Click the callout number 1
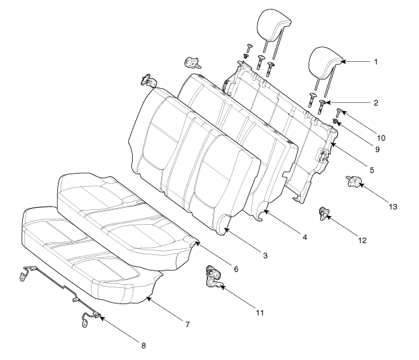pos(376,62)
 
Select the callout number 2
pos(376,103)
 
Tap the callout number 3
pos(265,256)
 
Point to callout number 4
pos(305,237)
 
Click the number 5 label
pos(372,170)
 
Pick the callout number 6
pos(236,269)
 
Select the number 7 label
pos(187,324)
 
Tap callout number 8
pos(143,346)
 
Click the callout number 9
pos(377,149)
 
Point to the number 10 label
pos(381,138)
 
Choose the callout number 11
pos(260,312)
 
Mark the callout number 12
pos(362,240)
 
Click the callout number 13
pos(393,207)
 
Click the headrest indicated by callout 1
pos(325,64)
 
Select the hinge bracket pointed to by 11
pos(214,277)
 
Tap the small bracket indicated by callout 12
pos(323,213)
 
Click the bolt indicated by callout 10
pos(339,112)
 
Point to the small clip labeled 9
pos(335,121)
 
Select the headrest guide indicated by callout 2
pos(321,106)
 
